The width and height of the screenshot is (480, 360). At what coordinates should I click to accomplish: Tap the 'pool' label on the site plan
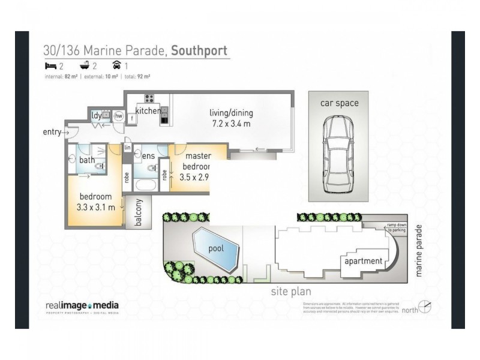click(x=215, y=247)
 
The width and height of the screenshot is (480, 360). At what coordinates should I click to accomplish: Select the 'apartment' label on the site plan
click(x=362, y=261)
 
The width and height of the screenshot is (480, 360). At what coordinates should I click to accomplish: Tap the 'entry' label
click(x=52, y=132)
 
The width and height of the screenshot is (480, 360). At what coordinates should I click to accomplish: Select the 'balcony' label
click(x=138, y=213)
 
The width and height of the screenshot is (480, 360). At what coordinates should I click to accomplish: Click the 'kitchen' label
click(x=148, y=111)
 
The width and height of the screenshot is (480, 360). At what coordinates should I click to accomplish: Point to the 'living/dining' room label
click(x=231, y=113)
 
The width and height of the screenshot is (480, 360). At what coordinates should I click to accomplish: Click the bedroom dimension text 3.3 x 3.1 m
click(x=96, y=206)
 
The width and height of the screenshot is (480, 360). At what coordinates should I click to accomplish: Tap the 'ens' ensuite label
click(x=149, y=156)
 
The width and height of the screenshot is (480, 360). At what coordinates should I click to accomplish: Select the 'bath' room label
click(x=87, y=160)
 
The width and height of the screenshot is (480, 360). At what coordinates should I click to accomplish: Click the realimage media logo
click(x=82, y=307)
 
